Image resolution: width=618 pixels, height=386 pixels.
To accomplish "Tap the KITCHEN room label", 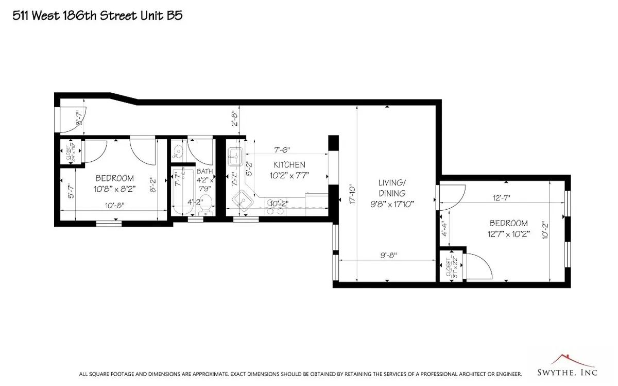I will click(289, 165).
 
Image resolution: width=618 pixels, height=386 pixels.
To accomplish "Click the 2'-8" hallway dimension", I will click(234, 119).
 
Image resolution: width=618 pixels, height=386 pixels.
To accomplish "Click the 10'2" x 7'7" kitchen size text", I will click(289, 176).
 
